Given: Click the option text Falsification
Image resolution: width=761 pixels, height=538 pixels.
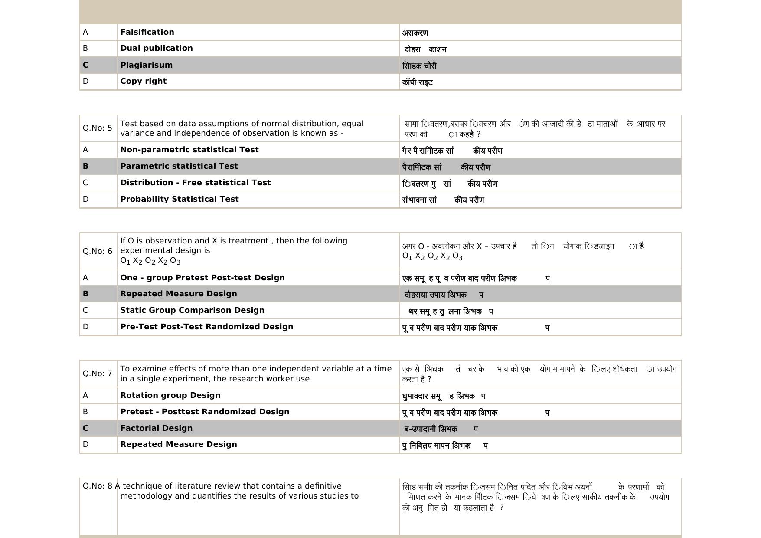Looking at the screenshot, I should (147, 32).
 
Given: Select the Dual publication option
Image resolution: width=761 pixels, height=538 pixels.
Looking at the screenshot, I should (156, 48).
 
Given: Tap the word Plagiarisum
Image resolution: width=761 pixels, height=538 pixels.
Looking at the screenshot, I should (146, 65).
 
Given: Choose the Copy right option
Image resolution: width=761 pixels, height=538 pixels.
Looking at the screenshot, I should (143, 81).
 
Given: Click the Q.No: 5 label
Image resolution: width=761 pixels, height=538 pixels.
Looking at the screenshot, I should (98, 128).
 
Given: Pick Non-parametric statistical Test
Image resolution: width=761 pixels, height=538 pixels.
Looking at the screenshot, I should (189, 150).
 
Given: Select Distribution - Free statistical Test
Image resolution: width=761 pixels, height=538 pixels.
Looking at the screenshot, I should (195, 183).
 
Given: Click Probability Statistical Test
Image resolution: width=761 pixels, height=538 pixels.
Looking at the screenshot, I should (179, 199).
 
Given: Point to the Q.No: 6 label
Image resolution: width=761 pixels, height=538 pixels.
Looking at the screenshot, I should (98, 251).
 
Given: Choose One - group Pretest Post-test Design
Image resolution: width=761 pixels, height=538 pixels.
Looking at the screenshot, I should (202, 278).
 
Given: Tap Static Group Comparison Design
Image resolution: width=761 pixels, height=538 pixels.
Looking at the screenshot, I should (192, 310).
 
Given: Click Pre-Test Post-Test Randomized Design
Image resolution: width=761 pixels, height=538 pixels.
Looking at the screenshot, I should (206, 327).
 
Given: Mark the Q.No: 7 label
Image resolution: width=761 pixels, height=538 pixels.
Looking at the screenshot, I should (98, 374).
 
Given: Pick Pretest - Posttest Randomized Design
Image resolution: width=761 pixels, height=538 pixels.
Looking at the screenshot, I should (205, 412).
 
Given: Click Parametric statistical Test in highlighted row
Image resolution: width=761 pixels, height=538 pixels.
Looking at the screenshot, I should (179, 166).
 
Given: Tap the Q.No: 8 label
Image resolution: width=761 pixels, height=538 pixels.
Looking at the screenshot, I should (98, 486).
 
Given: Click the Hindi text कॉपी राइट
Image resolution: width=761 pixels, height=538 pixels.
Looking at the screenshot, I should (417, 82).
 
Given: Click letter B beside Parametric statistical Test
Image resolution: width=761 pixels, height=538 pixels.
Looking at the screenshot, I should (85, 166).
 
